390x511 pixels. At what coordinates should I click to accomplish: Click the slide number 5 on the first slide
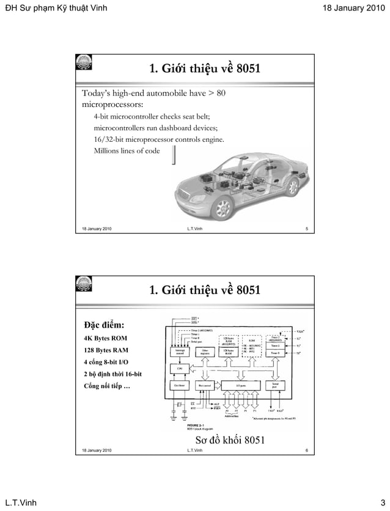306,229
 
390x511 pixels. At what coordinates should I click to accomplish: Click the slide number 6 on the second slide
306,450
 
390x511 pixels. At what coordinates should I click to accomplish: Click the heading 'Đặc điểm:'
104,324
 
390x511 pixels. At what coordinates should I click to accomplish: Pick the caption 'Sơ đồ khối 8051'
229,439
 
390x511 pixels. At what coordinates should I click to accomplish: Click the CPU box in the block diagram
179,369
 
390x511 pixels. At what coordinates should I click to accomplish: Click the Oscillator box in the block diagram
179,386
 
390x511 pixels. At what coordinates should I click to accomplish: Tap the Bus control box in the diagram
205,386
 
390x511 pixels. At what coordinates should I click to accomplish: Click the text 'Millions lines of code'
127,151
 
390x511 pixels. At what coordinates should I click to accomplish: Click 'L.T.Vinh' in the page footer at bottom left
21,502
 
